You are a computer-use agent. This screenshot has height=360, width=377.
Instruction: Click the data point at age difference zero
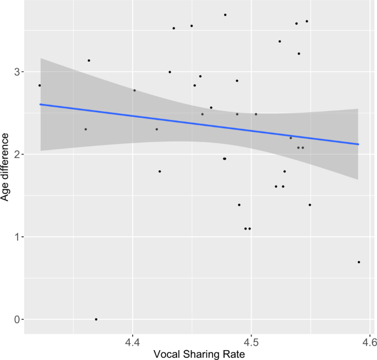click(96, 319)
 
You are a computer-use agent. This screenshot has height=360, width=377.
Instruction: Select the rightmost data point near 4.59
click(359, 262)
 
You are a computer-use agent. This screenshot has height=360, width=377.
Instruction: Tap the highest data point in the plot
click(225, 15)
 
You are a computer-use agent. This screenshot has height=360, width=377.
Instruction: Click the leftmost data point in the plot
click(40, 85)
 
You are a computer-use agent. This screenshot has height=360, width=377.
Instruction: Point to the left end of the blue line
click(40, 104)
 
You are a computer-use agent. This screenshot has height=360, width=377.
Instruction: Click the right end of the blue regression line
click(358, 144)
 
